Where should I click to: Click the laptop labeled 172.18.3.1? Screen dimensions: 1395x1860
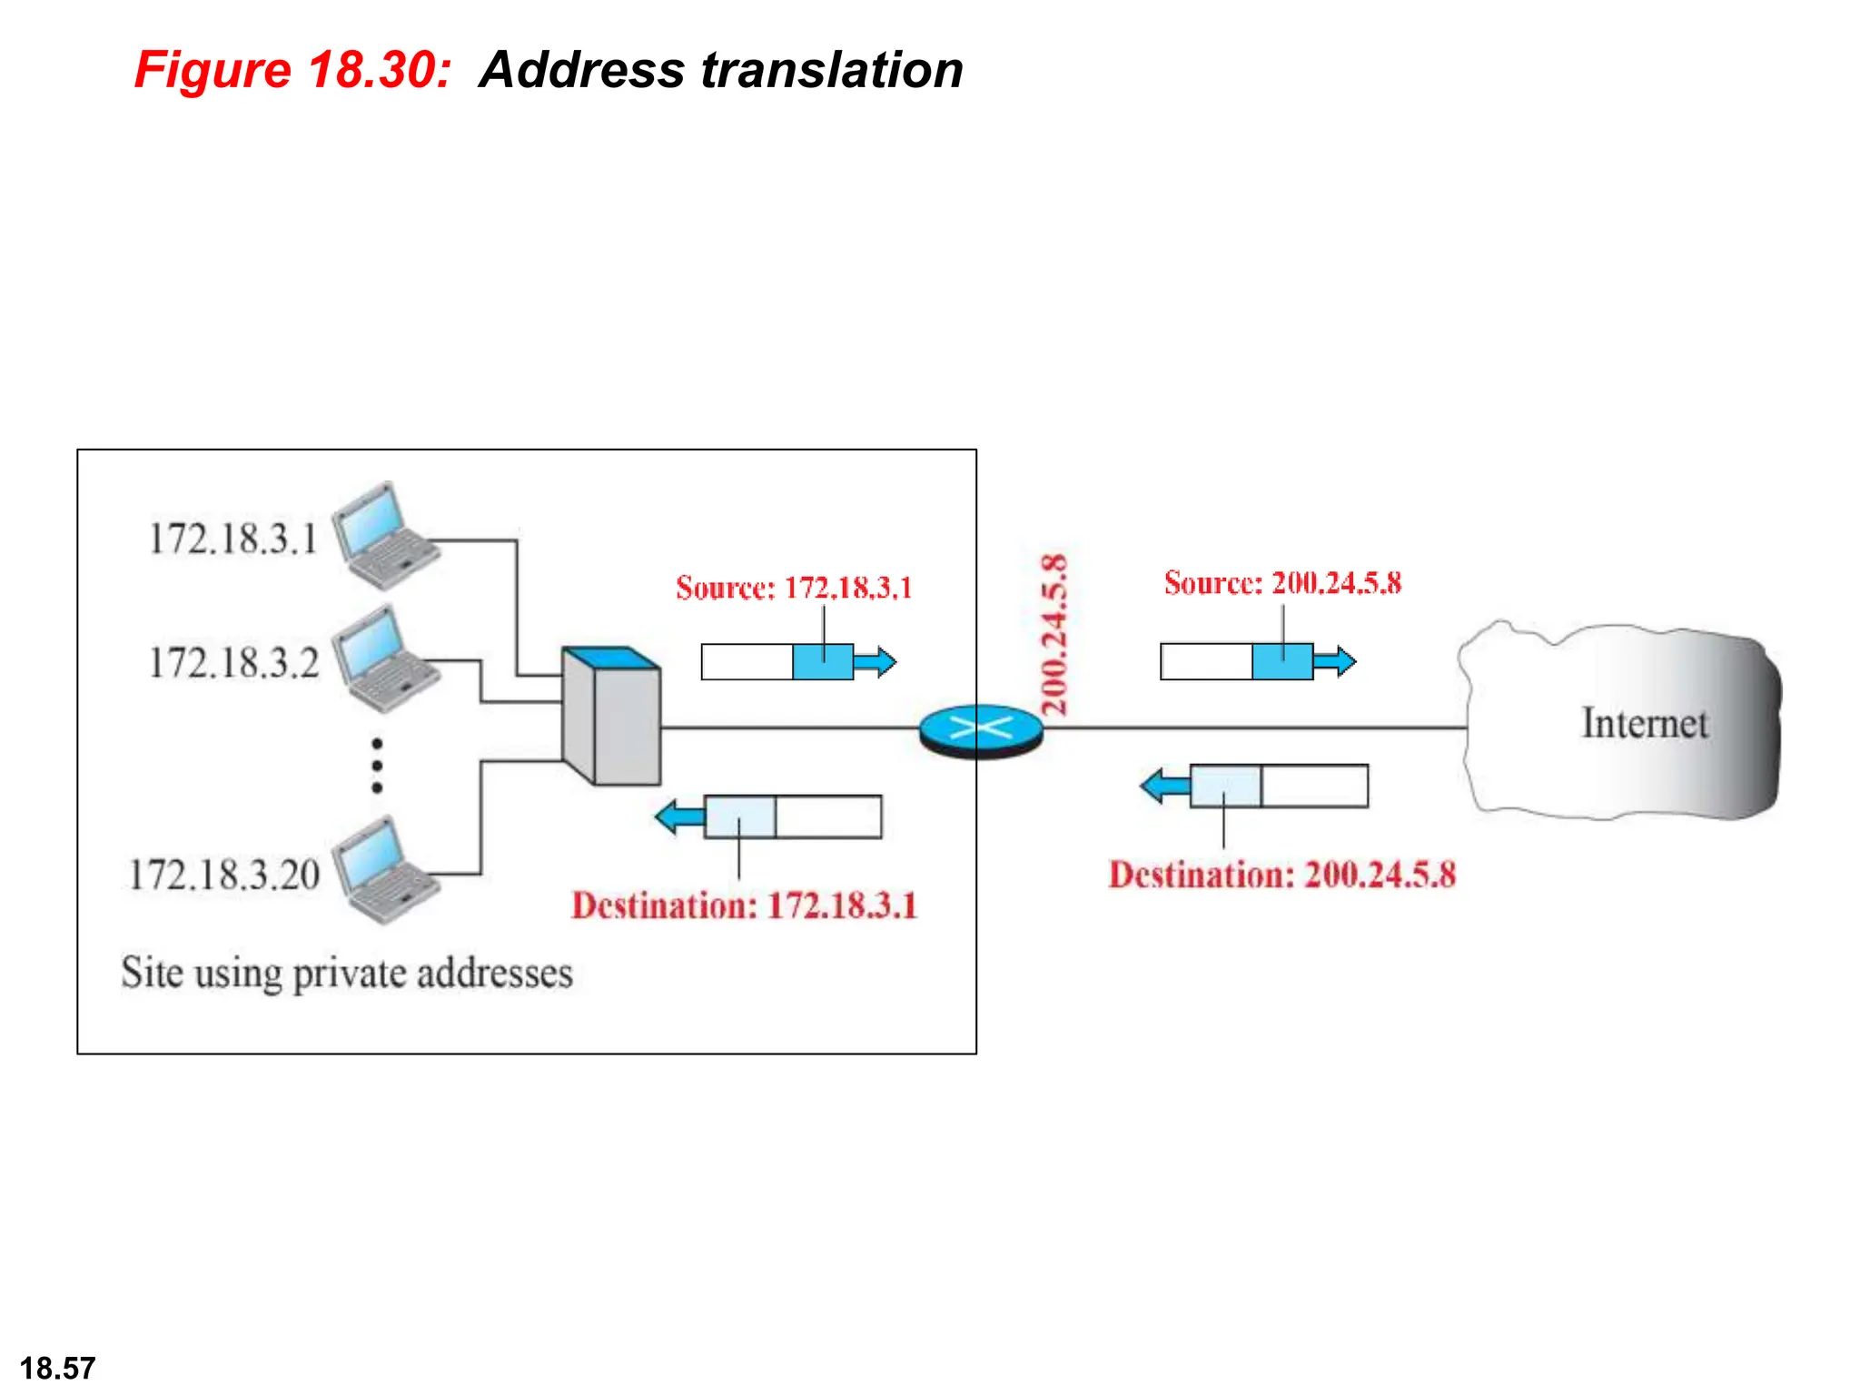coord(383,536)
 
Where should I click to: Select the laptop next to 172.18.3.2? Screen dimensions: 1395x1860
coord(383,658)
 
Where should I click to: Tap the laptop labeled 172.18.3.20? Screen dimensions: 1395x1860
coord(383,869)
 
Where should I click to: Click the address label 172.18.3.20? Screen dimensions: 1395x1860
coord(224,876)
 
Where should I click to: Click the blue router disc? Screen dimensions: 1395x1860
coord(981,729)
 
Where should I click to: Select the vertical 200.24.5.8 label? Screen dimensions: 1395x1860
coord(1054,635)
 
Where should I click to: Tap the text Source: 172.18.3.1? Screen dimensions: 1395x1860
coord(794,588)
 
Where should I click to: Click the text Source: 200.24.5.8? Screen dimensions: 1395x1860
coord(1282,583)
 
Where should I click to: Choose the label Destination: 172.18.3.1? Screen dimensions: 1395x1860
coord(744,905)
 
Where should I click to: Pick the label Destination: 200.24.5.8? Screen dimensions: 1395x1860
coord(1281,875)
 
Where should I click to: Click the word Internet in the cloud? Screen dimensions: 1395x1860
coord(1644,724)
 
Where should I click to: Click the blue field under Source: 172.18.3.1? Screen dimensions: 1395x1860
coord(822,661)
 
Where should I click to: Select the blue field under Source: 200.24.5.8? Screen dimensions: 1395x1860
coord(1281,661)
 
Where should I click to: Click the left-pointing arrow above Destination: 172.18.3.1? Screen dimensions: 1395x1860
coord(679,816)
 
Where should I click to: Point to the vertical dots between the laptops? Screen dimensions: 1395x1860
coord(377,766)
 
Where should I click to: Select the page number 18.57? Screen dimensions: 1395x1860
coord(57,1368)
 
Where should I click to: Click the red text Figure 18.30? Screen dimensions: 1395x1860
coord(292,70)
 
